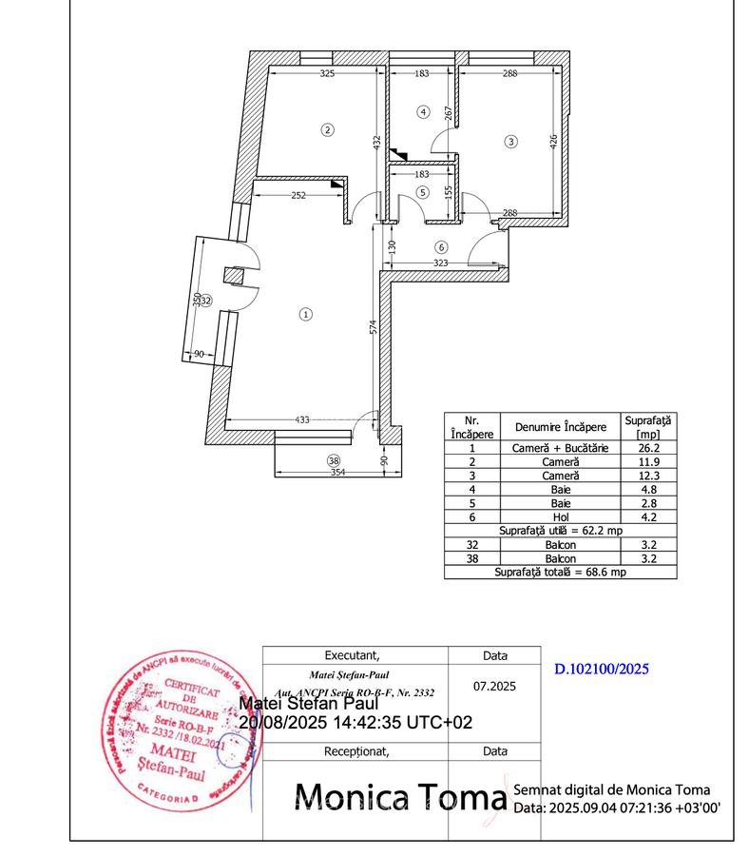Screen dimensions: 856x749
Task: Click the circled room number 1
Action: [305, 313]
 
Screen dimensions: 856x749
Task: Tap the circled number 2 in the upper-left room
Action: [327, 129]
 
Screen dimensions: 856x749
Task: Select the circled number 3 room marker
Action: [511, 142]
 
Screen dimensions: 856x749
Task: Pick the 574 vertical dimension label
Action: [374, 326]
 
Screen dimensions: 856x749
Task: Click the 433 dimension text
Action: [303, 419]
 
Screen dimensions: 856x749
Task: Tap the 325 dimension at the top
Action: [326, 73]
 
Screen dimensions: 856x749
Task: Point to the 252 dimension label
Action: [298, 195]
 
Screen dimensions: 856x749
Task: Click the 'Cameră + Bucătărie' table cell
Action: [560, 446]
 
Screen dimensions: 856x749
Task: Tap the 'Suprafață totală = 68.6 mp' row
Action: [560, 573]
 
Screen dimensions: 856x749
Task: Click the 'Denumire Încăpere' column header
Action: [560, 426]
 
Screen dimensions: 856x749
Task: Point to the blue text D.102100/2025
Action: [601, 669]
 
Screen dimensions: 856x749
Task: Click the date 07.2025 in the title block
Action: [494, 685]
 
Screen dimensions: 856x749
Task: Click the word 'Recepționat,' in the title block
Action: [357, 750]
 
